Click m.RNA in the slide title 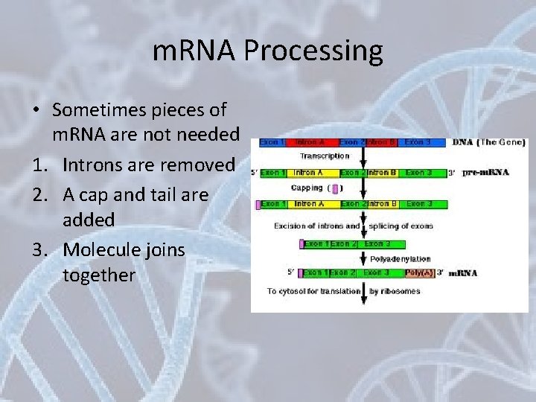pyautogui.click(x=194, y=51)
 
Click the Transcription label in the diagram pyautogui.click(x=325, y=156)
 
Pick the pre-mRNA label pyautogui.click(x=485, y=173)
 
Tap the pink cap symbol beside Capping pyautogui.click(x=335, y=188)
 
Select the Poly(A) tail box pyautogui.click(x=419, y=272)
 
